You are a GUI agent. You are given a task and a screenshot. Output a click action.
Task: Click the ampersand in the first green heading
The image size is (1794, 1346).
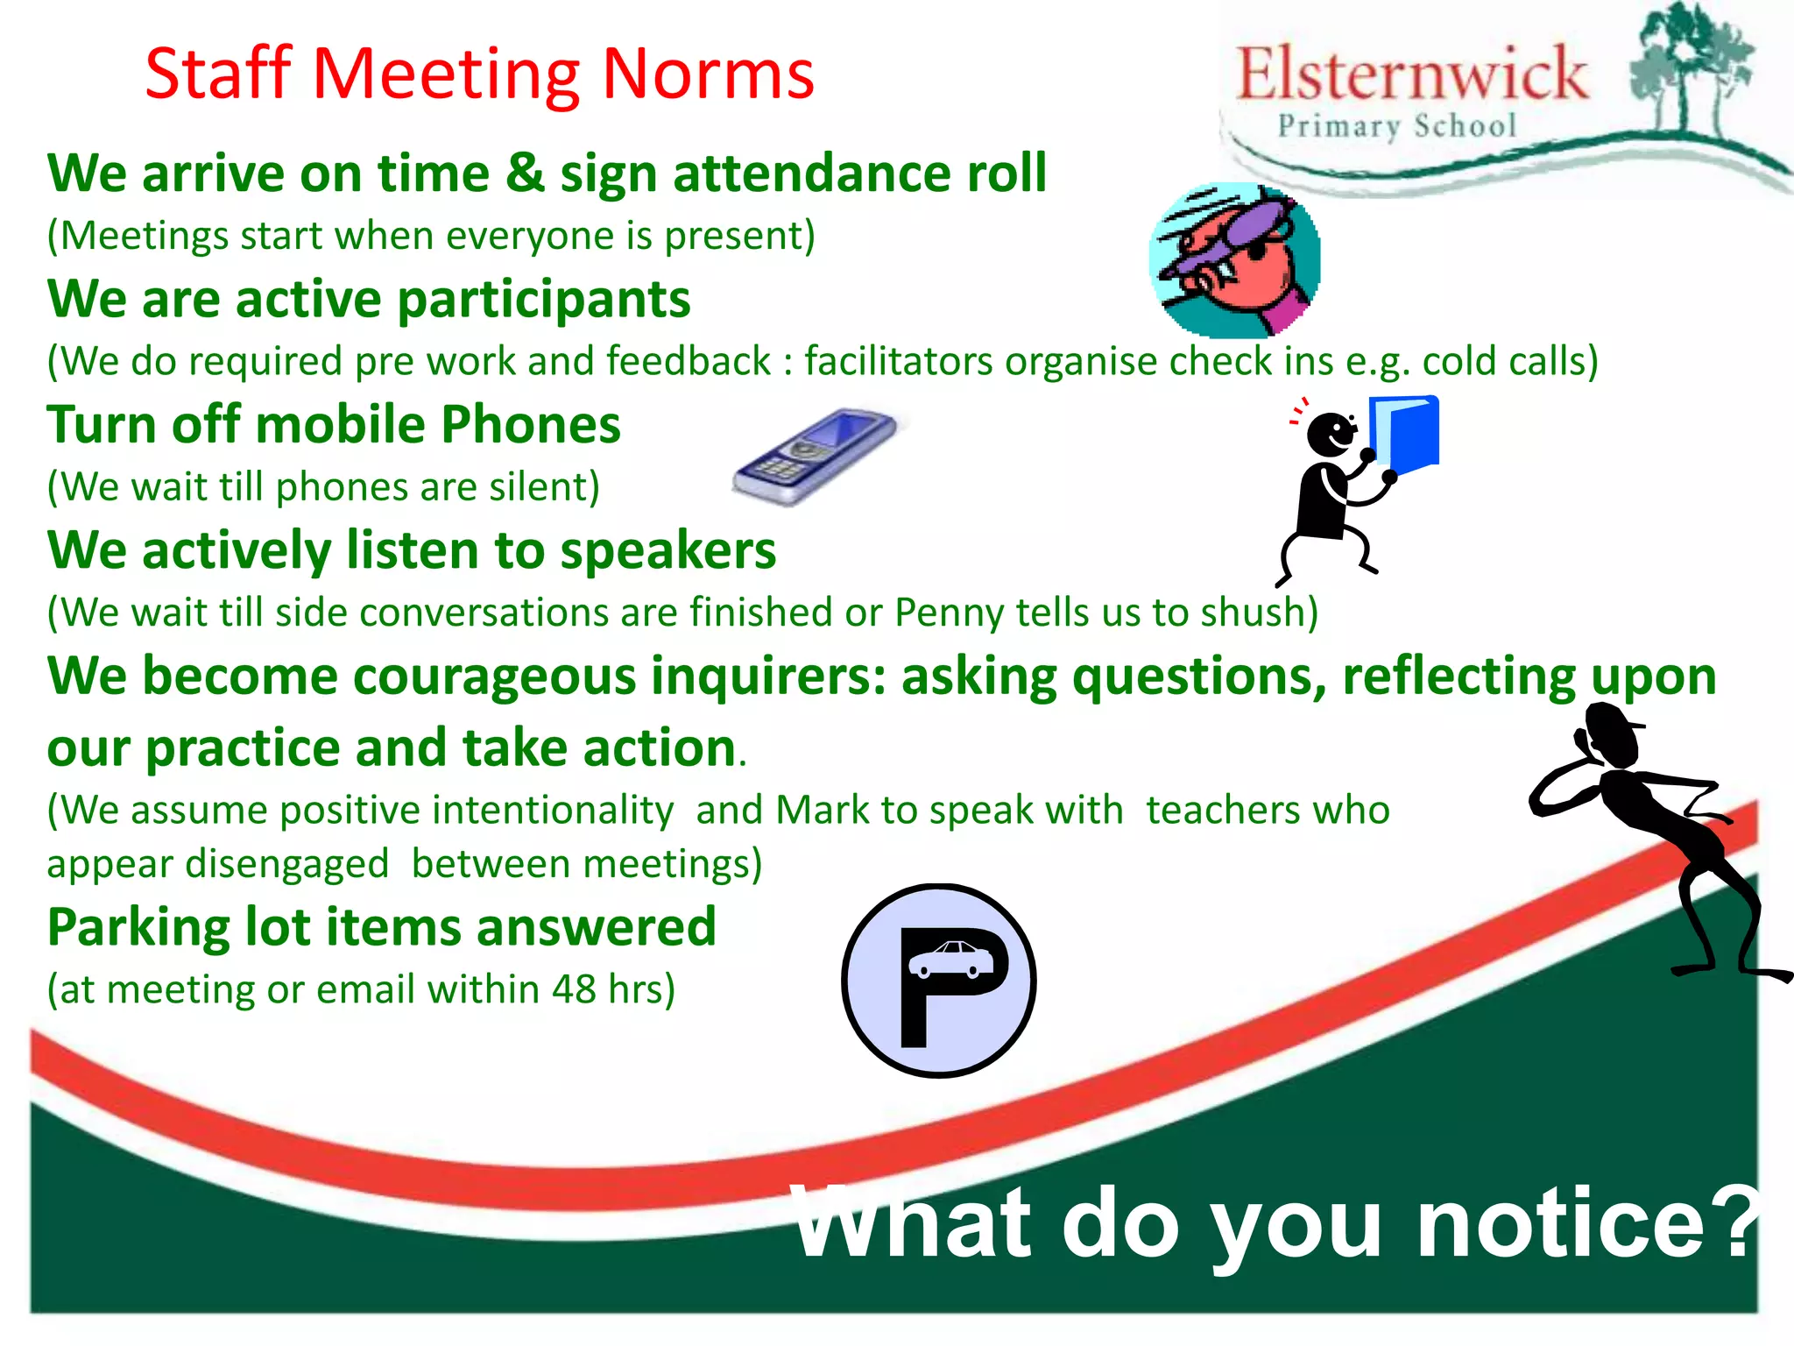[x=524, y=173]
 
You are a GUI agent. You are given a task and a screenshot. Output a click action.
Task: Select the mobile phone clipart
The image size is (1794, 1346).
[x=815, y=456]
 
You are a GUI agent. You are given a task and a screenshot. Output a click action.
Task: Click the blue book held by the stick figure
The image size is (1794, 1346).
[x=1405, y=434]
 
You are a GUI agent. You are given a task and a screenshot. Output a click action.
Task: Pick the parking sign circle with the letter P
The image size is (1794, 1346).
[x=939, y=981]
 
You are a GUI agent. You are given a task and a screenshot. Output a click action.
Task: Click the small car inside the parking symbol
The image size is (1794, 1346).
[x=951, y=959]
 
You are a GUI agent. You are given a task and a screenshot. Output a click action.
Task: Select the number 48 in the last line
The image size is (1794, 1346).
[x=574, y=989]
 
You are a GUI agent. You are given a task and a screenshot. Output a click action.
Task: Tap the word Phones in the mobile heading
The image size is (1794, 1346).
[x=530, y=425]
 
